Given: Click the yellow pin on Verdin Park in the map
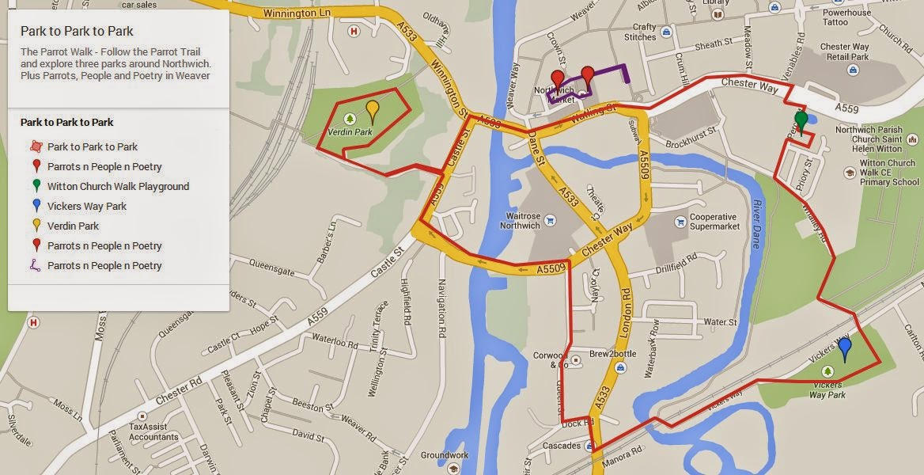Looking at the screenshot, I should (373, 111).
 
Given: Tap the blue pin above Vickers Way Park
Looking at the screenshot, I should (844, 347).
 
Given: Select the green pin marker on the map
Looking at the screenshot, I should (801, 121).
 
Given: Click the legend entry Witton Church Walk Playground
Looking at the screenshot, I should (118, 187).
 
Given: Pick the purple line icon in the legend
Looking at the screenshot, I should (35, 266).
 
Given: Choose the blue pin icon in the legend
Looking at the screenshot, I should (35, 207).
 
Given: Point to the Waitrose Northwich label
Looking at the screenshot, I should (519, 221).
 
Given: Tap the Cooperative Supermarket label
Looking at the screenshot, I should (714, 222).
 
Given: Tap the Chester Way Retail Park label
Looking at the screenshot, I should (848, 51).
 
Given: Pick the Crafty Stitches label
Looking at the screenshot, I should (639, 32).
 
